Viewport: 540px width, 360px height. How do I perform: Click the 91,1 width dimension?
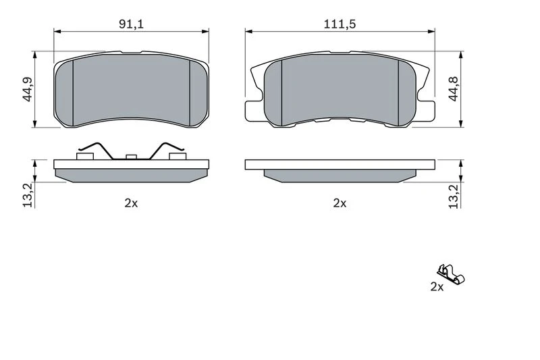pyautogui.click(x=131, y=24)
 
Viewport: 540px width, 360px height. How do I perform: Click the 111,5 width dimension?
pyautogui.click(x=340, y=24)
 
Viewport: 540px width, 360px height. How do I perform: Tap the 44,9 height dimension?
pyautogui.click(x=27, y=89)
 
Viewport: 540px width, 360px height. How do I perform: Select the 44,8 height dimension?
pyautogui.click(x=454, y=89)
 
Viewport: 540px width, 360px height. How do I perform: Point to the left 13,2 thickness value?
pyautogui.click(x=28, y=195)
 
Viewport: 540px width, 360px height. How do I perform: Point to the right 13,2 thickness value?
pyautogui.click(x=454, y=197)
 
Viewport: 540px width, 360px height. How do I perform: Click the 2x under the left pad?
pyautogui.click(x=131, y=203)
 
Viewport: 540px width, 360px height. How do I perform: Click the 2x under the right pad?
pyautogui.click(x=340, y=203)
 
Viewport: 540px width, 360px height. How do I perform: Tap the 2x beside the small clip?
pyautogui.click(x=437, y=286)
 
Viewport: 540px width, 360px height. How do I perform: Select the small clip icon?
pyautogui.click(x=451, y=275)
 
